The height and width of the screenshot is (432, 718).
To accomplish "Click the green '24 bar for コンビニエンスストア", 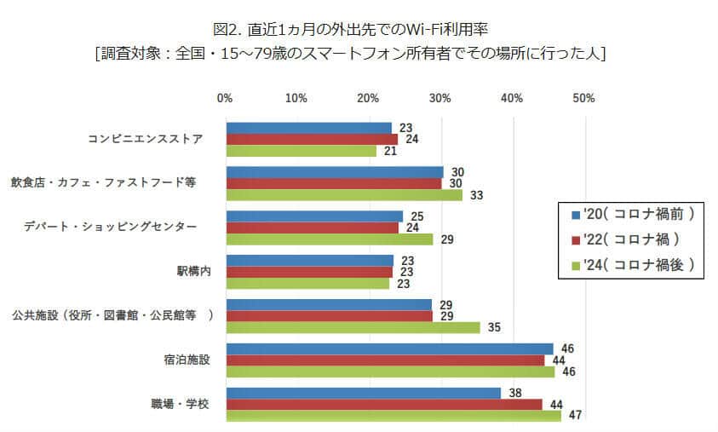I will (301, 151).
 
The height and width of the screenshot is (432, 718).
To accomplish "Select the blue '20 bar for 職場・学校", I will (363, 393).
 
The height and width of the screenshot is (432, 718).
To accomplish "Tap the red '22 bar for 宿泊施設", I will (384, 360).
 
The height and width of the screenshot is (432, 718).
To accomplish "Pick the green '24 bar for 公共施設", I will (353, 327).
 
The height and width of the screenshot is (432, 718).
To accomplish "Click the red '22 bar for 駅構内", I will (308, 272).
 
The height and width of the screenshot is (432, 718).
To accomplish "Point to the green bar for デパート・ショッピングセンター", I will (329, 239).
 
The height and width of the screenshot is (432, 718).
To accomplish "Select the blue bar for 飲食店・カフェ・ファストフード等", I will (334, 172).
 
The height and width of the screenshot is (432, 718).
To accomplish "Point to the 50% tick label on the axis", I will (583, 99).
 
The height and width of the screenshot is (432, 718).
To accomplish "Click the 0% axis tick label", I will (225, 99).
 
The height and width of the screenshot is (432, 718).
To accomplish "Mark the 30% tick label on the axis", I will (440, 99).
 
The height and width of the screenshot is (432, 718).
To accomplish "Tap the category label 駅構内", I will (191, 272).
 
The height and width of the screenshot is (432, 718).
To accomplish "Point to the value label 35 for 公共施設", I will (494, 327).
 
